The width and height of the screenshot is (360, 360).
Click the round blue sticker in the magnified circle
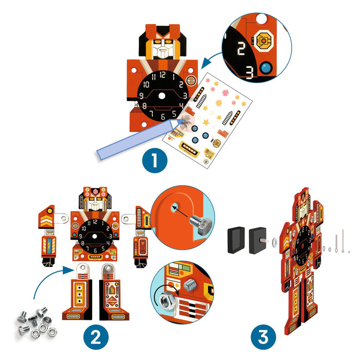(x=266, y=68)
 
